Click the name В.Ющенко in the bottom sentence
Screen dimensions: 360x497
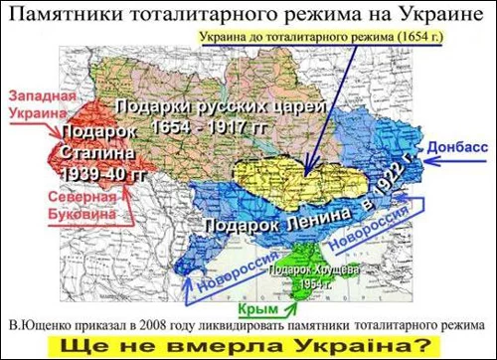pyautogui.click(x=39, y=323)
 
